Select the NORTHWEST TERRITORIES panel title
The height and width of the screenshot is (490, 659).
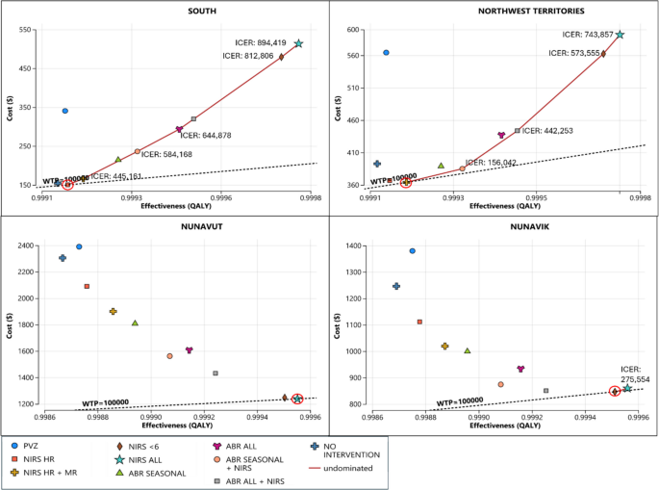coord(494,10)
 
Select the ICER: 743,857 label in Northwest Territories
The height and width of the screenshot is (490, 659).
coord(587,35)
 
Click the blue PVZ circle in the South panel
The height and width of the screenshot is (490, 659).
coord(65,111)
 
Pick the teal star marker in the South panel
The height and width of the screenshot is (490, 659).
coord(299,44)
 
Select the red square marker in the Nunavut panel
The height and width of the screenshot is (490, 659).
coord(87,286)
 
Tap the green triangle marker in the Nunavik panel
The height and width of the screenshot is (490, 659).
coord(467,350)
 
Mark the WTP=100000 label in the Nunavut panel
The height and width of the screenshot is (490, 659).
coord(106,402)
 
